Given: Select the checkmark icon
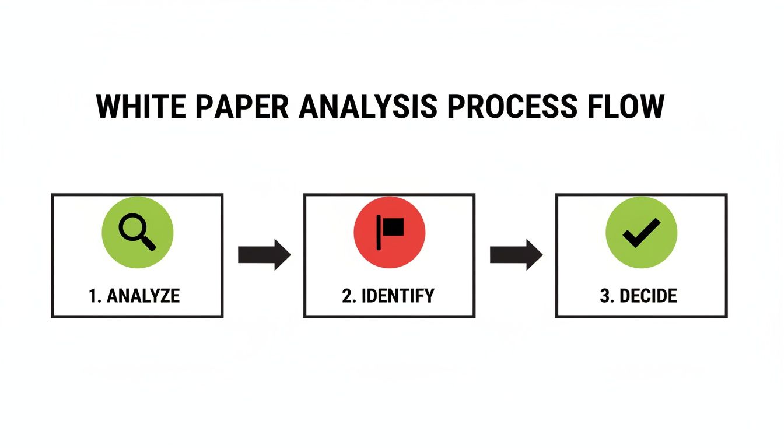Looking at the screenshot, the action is (641, 232).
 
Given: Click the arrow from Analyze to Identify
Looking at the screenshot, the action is (264, 255).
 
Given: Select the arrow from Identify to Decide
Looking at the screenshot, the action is (516, 255).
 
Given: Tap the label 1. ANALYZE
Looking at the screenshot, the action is (134, 296).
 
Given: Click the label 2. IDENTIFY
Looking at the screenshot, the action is (388, 296).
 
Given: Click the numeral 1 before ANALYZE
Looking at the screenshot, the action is (92, 296).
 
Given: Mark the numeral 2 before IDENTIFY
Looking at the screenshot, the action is (347, 296).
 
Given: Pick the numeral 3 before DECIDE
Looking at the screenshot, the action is (604, 296).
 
